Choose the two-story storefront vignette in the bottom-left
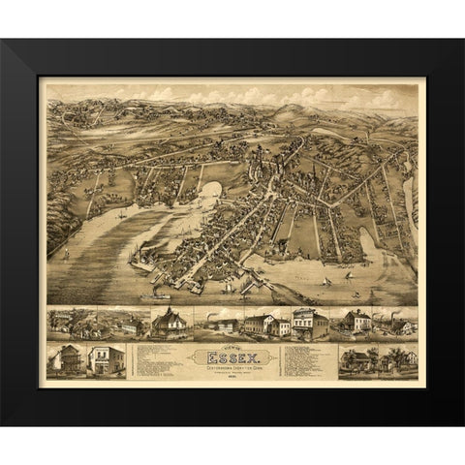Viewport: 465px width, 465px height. [107, 359]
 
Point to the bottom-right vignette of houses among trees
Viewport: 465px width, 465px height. [378, 359]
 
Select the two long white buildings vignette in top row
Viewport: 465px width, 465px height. [263, 325]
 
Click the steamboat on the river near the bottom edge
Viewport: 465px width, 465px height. [161, 290]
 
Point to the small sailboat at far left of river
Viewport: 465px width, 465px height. [66, 258]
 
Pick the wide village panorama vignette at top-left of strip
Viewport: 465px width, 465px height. [93, 323]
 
